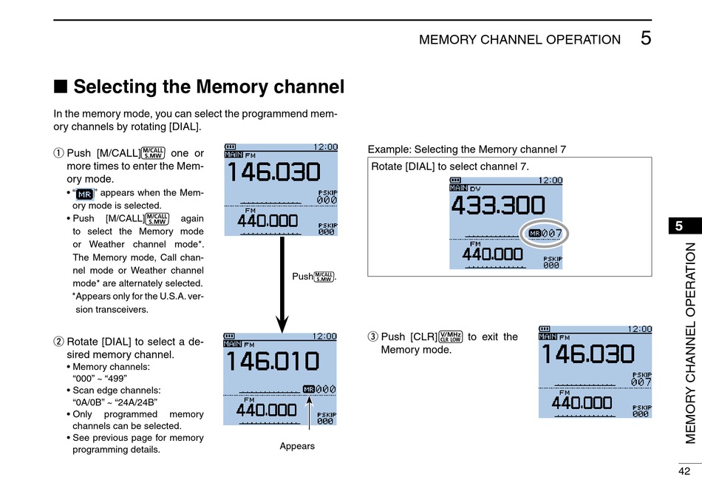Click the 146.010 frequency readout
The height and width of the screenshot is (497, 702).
coord(273,361)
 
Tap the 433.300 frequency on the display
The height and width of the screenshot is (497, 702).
coord(498,206)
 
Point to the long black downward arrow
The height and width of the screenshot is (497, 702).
coord(282,285)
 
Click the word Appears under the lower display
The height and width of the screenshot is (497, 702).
coord(297,446)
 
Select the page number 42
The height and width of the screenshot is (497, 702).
coord(684,471)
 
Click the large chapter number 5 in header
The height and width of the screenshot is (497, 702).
coord(646,38)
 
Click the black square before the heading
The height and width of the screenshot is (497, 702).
coord(61,87)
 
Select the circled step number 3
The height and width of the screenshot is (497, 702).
coord(372,337)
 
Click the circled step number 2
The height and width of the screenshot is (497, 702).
coord(58,342)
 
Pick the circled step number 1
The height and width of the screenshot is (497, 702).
coord(58,153)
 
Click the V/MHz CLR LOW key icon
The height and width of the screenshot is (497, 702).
coord(451,337)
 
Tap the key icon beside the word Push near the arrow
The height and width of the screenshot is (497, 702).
coord(324,277)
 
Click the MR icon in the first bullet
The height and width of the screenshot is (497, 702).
coord(85,194)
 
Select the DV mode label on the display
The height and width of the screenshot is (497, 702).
coord(475,189)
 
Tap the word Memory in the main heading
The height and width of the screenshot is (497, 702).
coord(233,87)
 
